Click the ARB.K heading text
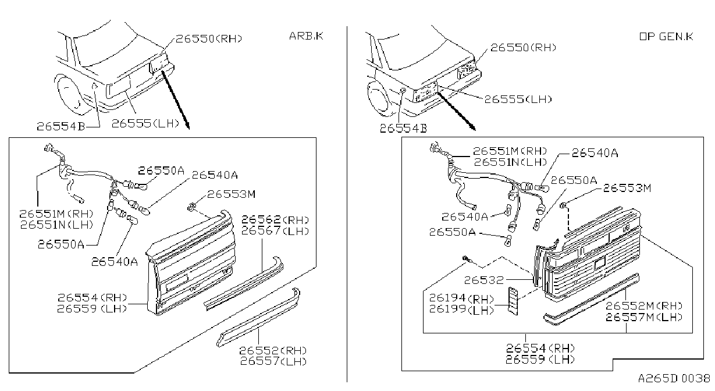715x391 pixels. point(306,35)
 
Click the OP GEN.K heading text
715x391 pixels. point(666,37)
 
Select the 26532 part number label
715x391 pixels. point(483,280)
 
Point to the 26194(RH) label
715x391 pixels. point(461,298)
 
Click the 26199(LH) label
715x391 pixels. point(461,310)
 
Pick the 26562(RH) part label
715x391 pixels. point(275,219)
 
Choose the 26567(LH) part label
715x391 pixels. point(275,230)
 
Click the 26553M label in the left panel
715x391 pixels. point(232,194)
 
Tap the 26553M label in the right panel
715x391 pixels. point(627,188)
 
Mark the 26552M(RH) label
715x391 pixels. point(644,306)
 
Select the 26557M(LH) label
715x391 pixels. point(644,317)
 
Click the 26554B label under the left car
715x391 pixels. point(61,127)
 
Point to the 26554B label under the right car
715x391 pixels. point(403,129)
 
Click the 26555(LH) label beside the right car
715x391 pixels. point(518,99)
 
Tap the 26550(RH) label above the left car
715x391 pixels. point(209,38)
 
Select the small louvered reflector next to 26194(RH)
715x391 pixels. point(513,301)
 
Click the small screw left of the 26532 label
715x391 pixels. point(467,259)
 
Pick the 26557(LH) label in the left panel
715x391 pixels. point(273,361)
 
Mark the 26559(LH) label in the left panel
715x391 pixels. point(92,308)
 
